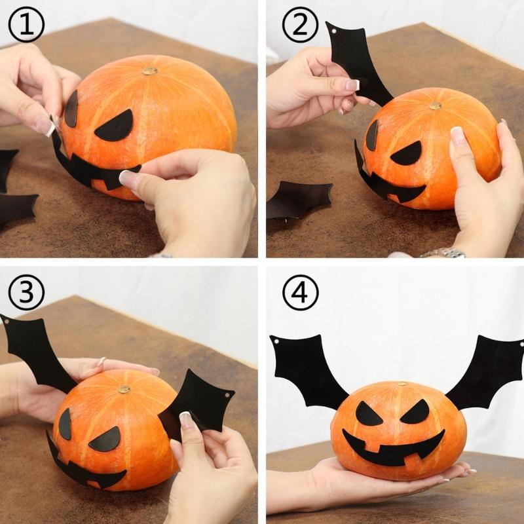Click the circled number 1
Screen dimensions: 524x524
coord(26,26)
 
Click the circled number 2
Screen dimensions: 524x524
coord(299,26)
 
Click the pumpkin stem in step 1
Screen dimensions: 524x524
coord(150,70)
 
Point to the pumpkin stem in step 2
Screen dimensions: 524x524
coord(435,105)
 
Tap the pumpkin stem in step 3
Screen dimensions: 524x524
coord(124,389)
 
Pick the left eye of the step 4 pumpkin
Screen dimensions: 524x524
coord(369,414)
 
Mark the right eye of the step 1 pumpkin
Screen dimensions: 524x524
coord(115,126)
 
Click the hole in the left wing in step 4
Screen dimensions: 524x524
coord(276,342)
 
